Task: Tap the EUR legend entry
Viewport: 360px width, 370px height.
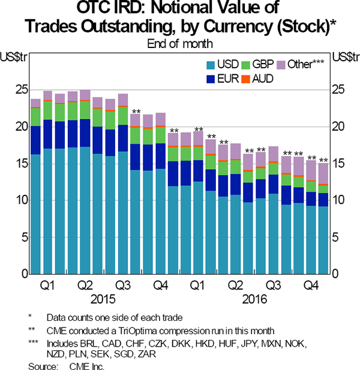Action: point(223,77)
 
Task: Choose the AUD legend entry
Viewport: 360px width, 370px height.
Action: point(262,77)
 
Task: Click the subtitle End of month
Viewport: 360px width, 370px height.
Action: point(180,43)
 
